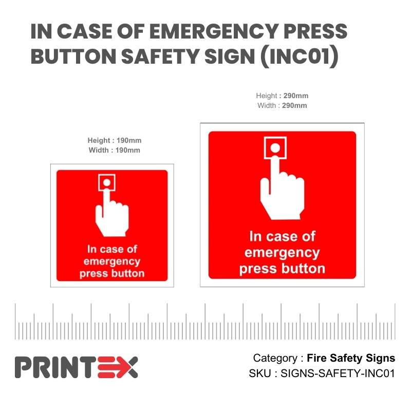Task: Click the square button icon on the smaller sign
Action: point(106,182)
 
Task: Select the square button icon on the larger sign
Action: point(275,148)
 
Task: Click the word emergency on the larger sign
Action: point(282,253)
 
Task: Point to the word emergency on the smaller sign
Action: point(112,261)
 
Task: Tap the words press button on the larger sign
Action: point(282,269)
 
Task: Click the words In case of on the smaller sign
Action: point(112,249)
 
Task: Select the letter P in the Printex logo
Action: point(24,367)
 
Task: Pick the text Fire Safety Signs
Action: point(351,358)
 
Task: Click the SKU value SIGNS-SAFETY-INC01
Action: point(337,373)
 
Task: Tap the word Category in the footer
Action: point(274,358)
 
